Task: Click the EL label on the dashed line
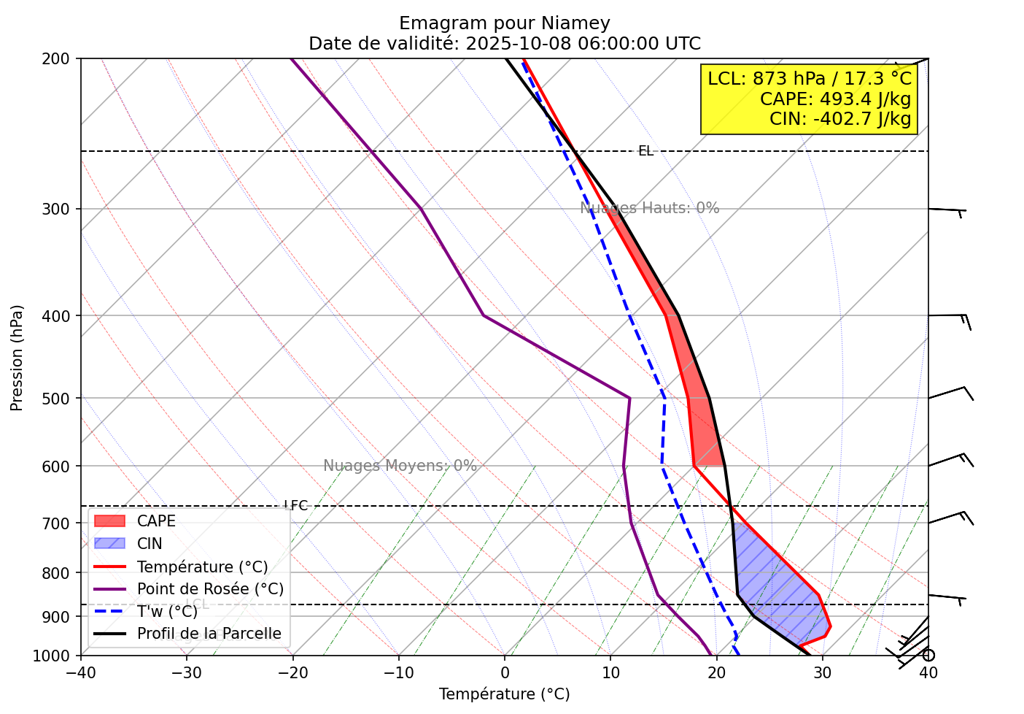[x=645, y=151]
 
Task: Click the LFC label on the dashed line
[x=295, y=506]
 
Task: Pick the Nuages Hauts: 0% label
[x=649, y=208]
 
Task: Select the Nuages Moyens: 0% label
[x=400, y=466]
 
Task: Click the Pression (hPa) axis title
[x=17, y=358]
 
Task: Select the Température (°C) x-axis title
[x=504, y=694]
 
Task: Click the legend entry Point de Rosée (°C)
[x=210, y=589]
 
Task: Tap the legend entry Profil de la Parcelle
[x=209, y=634]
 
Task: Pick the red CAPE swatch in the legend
[x=110, y=521]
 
